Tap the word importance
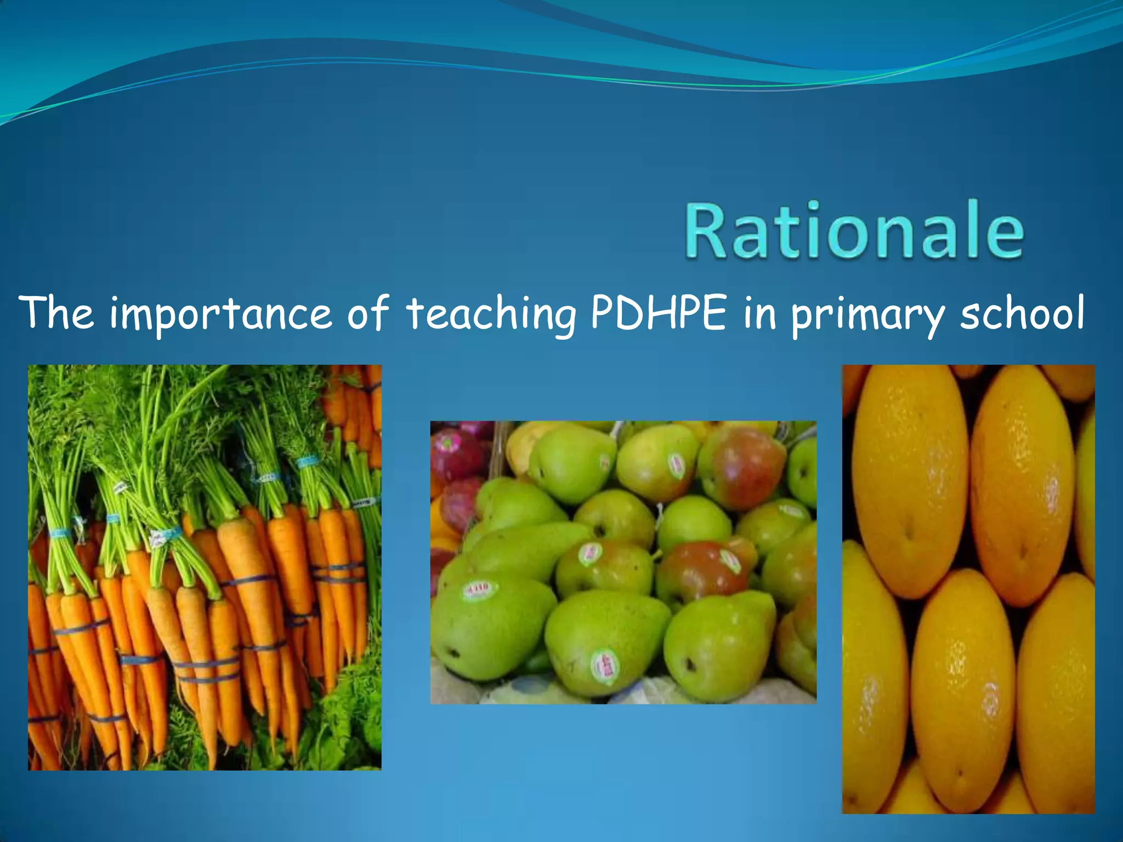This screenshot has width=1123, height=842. pyautogui.click(x=220, y=315)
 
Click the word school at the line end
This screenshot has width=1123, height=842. pyautogui.click(x=1022, y=314)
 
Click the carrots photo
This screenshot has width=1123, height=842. pyautogui.click(x=205, y=567)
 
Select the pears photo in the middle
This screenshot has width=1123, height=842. pyautogui.click(x=623, y=562)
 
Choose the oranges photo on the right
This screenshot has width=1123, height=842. pyautogui.click(x=968, y=589)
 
